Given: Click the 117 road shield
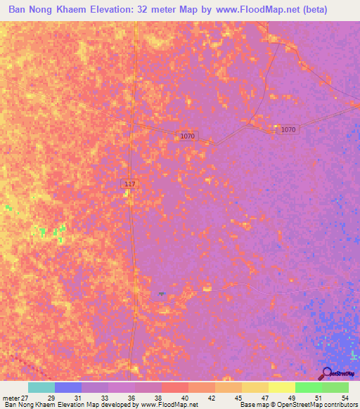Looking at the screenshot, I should (x=129, y=184).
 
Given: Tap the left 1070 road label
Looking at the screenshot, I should (x=187, y=136).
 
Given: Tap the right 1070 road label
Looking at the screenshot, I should (x=288, y=130).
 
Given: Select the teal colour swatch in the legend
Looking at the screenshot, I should (x=41, y=387).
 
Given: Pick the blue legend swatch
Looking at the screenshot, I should (x=67, y=387).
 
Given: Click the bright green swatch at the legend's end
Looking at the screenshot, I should (x=335, y=387).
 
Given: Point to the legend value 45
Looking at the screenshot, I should (x=238, y=398).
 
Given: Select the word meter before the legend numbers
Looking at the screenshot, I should (x=11, y=398).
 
